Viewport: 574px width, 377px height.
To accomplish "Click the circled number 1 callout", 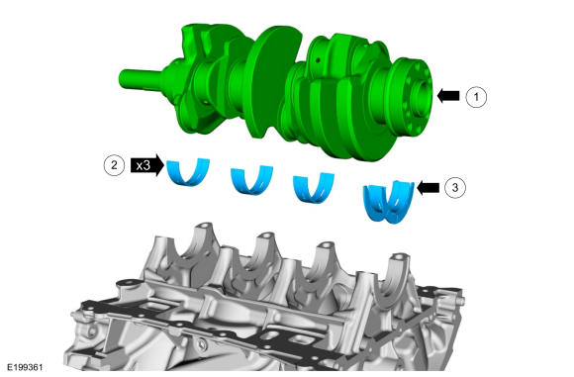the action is coord(476,97).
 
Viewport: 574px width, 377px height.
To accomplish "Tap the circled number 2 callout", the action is coord(114,165).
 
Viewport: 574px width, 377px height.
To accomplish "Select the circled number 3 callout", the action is coord(455,188).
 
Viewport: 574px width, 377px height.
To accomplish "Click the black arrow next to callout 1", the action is coord(448,96).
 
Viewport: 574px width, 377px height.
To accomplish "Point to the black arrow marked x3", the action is coord(147,165).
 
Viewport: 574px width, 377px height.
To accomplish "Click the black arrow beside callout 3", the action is coord(428,188).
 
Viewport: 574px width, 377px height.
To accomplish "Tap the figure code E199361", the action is coord(25,367).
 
